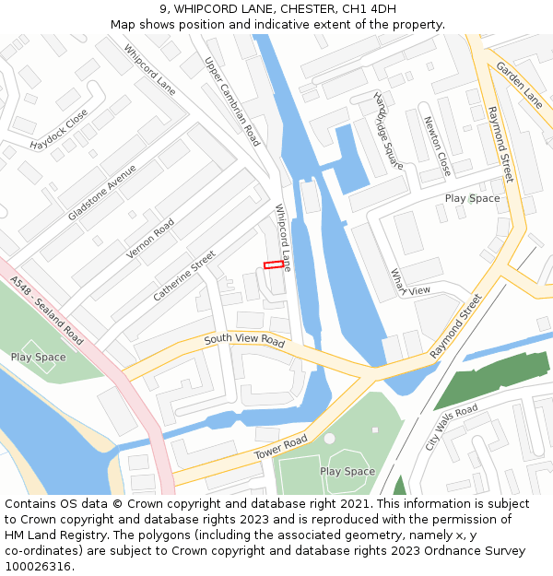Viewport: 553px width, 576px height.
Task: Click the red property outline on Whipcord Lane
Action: (274, 264)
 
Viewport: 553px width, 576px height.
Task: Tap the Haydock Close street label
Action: (58, 130)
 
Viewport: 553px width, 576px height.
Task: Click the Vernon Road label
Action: (150, 239)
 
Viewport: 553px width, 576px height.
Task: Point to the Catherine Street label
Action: (184, 276)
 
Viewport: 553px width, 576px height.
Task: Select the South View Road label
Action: (244, 340)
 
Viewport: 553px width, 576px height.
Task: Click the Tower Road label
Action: (281, 449)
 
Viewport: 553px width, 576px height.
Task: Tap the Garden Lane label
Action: (519, 82)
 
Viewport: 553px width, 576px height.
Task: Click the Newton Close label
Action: (437, 146)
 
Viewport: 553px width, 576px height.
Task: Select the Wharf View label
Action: (409, 283)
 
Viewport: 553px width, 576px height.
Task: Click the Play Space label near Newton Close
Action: (472, 198)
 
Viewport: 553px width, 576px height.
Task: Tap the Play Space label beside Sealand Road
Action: (39, 357)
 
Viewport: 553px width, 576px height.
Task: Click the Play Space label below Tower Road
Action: (347, 471)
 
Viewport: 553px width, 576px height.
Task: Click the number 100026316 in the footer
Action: (38, 567)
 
